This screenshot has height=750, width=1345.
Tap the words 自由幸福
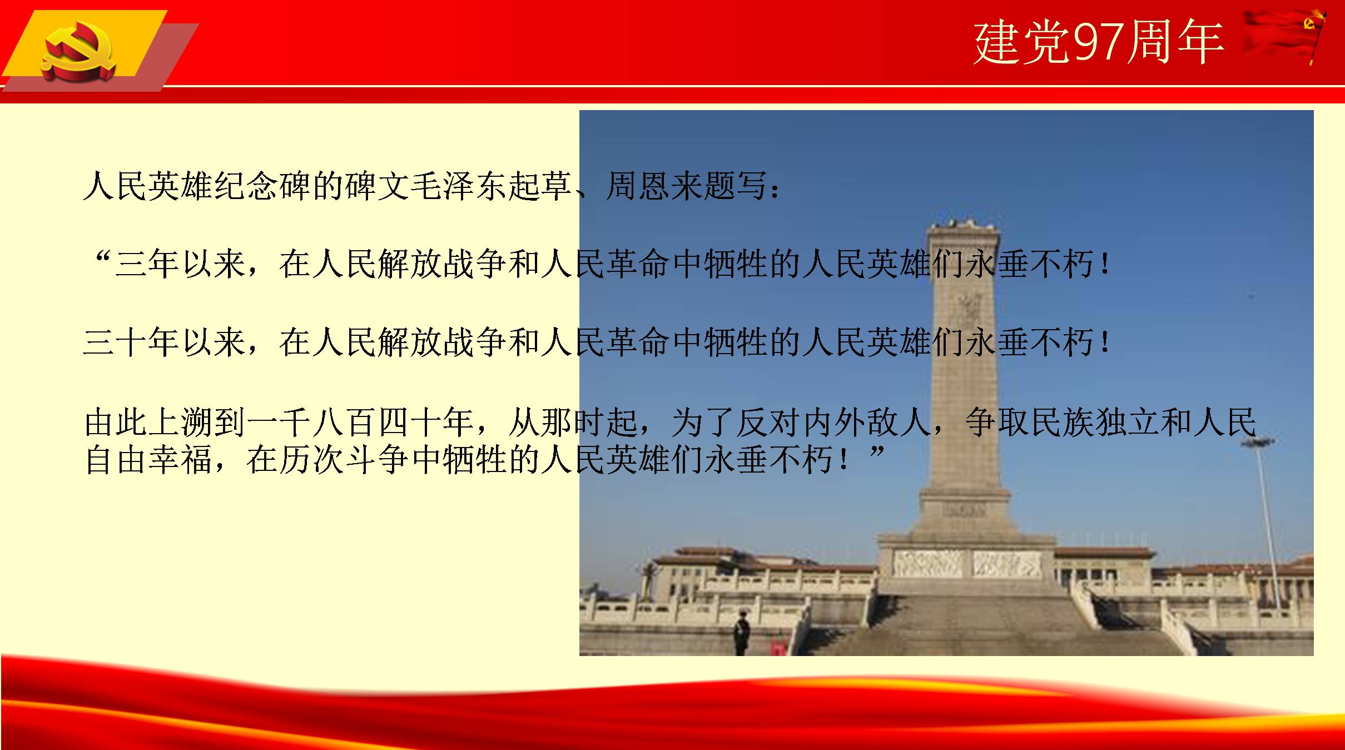[x=148, y=460]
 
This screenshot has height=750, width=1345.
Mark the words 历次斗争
[x=344, y=460]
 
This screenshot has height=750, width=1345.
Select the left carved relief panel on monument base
[x=927, y=563]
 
